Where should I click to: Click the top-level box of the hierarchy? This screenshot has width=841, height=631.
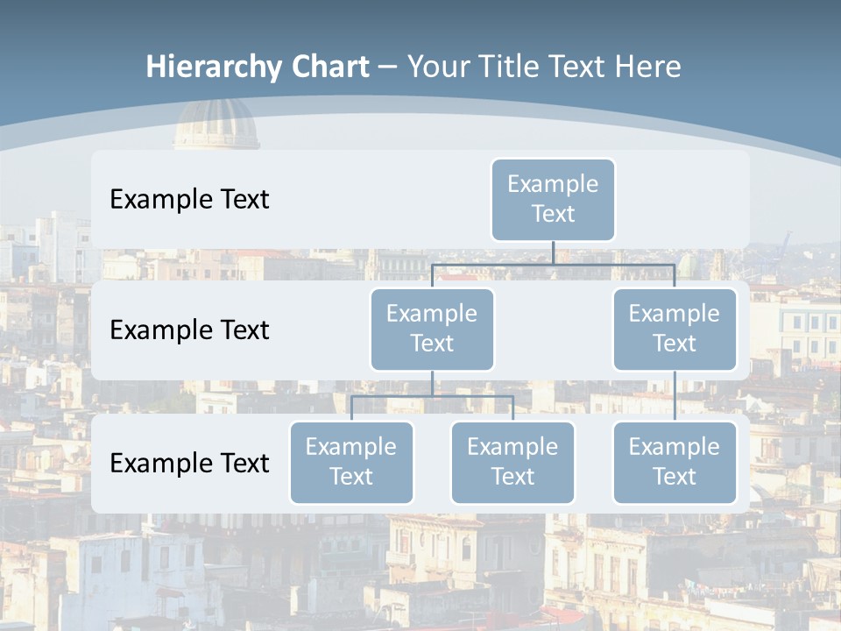tap(553, 200)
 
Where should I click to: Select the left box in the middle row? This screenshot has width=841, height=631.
tap(432, 330)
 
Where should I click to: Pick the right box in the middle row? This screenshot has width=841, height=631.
tap(675, 330)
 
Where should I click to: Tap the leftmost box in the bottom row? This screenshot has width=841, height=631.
tap(351, 463)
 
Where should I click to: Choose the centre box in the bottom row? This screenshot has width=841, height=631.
tap(512, 463)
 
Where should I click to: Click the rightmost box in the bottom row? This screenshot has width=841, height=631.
tap(675, 463)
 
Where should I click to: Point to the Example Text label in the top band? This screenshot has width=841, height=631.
tap(189, 200)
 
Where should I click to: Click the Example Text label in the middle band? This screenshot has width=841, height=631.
tap(189, 330)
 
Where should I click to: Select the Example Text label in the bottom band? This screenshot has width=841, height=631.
tap(189, 463)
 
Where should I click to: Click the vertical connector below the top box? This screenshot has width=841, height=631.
tap(553, 252)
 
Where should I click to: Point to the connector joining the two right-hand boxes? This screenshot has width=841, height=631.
tap(675, 396)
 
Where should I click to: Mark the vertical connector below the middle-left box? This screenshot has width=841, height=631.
tap(432, 383)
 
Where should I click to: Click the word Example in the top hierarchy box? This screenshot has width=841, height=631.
tap(553, 184)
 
